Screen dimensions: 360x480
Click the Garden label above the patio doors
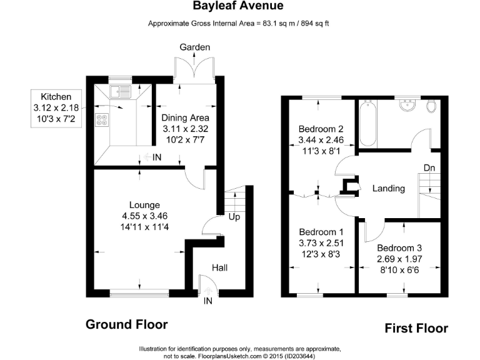tap(194, 47)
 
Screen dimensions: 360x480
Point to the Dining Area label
tap(185, 117)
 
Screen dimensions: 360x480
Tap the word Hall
tap(219, 267)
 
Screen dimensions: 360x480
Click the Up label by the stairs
tap(234, 217)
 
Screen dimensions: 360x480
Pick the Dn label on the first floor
tap(429, 168)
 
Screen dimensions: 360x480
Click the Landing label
tap(389, 188)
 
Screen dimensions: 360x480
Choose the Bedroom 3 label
tap(399, 246)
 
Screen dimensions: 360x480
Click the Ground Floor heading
tap(126, 324)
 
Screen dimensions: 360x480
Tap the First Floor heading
tap(416, 327)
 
